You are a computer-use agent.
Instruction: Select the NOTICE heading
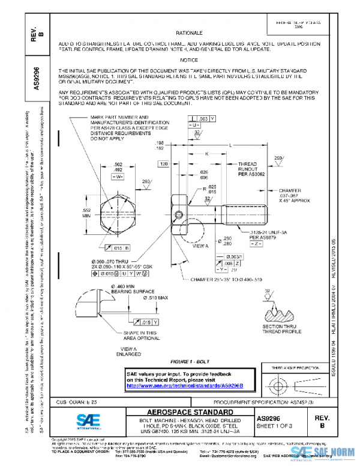pyautogui.click(x=188, y=61)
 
